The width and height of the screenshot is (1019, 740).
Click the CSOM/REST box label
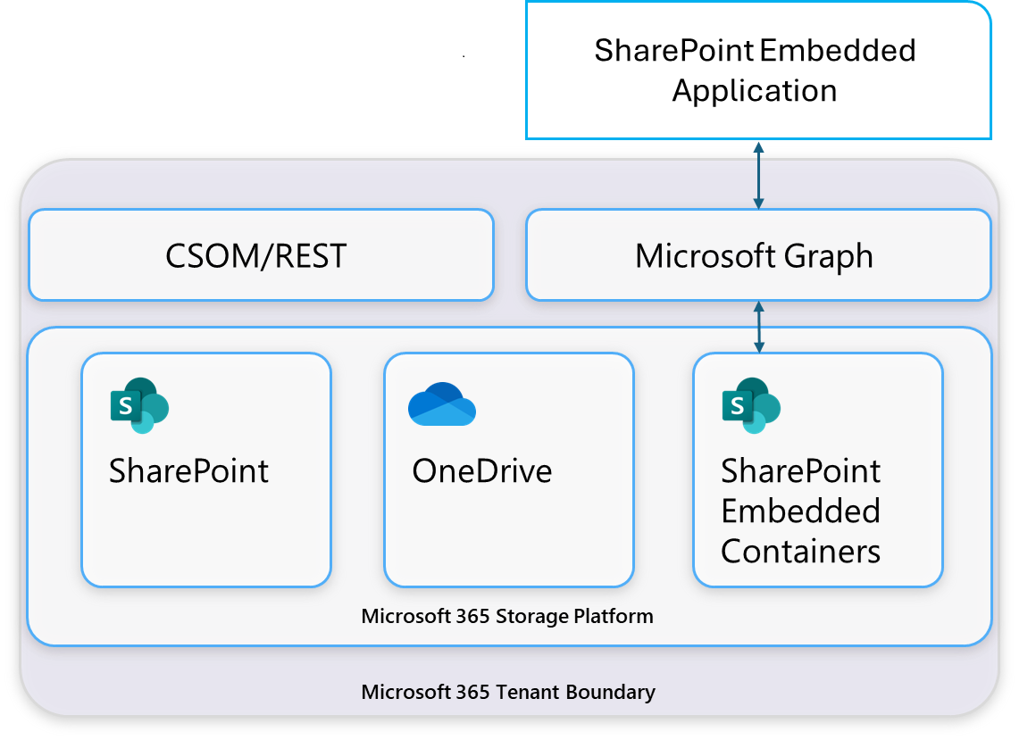pos(256,257)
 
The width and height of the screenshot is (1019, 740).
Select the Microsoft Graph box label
pos(754,257)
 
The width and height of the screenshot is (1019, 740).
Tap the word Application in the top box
pos(755,90)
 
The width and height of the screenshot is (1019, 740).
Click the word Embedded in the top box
pos(838,50)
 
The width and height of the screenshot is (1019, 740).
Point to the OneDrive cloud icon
pos(441,405)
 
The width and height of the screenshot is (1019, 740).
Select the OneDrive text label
pos(481,471)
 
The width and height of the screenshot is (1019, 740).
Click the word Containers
pos(800,552)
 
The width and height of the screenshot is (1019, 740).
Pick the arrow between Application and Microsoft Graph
pos(758,175)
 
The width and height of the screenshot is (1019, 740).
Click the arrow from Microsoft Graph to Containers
pos(758,327)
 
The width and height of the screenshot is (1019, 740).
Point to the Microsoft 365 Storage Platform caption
pos(507,616)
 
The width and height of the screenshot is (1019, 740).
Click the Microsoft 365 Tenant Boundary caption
pos(508,692)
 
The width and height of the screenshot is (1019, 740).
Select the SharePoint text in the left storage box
pos(188,471)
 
